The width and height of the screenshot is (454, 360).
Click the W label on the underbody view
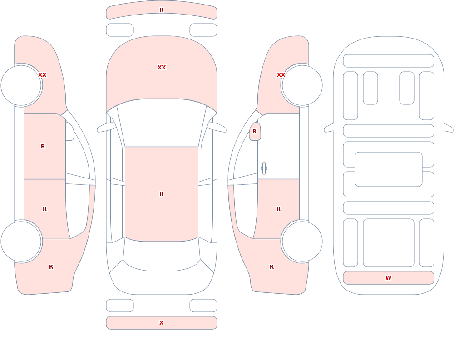388,278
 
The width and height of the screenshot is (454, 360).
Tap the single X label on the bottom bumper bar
162,323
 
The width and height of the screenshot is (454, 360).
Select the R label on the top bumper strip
162,10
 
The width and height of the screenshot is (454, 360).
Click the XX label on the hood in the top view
162,68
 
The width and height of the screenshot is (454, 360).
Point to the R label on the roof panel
162,194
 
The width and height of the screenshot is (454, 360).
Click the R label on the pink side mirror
255,132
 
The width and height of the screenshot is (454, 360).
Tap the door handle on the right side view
264,168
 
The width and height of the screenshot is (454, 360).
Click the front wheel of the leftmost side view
21,85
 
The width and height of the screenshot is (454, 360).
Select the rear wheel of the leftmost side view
21,241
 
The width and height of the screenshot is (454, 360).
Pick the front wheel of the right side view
302,85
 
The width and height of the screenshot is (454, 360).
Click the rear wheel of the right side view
302,241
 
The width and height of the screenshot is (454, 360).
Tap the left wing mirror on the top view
106,128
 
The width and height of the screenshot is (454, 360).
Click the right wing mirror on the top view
217,128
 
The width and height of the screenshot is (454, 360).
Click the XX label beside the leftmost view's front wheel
42,75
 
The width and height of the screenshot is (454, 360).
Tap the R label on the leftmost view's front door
43,147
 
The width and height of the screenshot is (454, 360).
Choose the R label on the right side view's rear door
279,209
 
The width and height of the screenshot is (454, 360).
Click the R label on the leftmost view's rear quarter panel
51,267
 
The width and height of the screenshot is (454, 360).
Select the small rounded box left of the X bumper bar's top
120,306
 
